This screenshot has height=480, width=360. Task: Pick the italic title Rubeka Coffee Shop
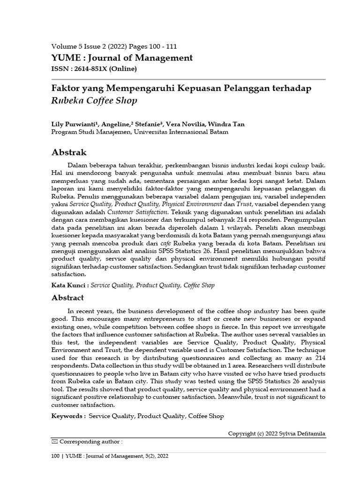pos(94,100)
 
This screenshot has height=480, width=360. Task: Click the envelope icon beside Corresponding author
pos(54,442)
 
